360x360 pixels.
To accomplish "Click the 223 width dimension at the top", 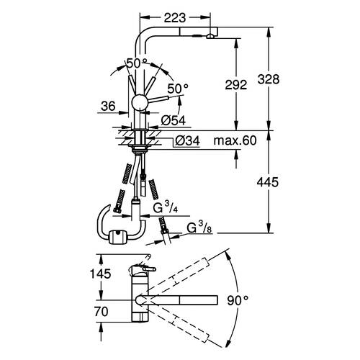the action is (x=175, y=17).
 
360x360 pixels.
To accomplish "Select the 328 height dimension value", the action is (x=269, y=79).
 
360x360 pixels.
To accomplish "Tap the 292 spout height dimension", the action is (x=236, y=85).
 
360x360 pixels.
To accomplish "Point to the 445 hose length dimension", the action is (x=268, y=182).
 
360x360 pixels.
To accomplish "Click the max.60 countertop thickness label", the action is (x=235, y=140).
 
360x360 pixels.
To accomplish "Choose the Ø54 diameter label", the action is (x=174, y=120).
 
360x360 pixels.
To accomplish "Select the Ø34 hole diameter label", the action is (x=187, y=140).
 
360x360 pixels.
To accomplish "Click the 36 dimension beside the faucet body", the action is (x=108, y=106).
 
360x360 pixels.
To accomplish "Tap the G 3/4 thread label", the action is (x=166, y=207).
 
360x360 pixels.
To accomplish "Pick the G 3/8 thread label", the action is (x=199, y=228).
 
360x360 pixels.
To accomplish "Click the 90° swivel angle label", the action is (x=238, y=300).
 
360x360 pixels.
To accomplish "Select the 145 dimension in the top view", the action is (x=100, y=274).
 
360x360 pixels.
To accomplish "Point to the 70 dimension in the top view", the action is (x=101, y=312).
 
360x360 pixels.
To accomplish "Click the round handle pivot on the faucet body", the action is (x=140, y=102).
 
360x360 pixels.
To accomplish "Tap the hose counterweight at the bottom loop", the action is (x=117, y=237).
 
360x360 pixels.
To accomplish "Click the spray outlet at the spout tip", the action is (x=210, y=36).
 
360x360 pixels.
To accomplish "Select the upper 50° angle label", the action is (x=137, y=63).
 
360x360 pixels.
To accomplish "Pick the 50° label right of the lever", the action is (x=178, y=89).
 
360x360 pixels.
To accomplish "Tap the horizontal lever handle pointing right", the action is (x=158, y=99).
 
